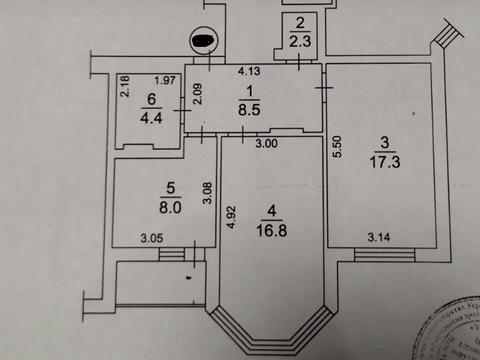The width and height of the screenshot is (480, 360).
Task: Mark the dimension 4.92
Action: pyautogui.click(x=230, y=217)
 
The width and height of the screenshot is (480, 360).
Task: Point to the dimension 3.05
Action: pyautogui.click(x=152, y=237)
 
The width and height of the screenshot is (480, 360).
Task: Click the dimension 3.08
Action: pyautogui.click(x=207, y=190)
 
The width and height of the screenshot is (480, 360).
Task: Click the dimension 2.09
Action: pyautogui.click(x=199, y=95)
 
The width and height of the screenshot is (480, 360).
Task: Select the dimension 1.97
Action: pyautogui.click(x=166, y=80)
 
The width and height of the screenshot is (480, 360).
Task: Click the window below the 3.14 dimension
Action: pyautogui.click(x=382, y=256)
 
